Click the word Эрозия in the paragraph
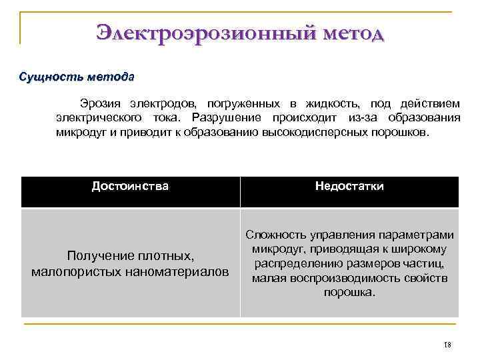[x=101, y=103]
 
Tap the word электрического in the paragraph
[x=97, y=117]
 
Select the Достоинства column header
[x=130, y=186]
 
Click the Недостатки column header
[x=349, y=186]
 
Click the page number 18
[x=447, y=345]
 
